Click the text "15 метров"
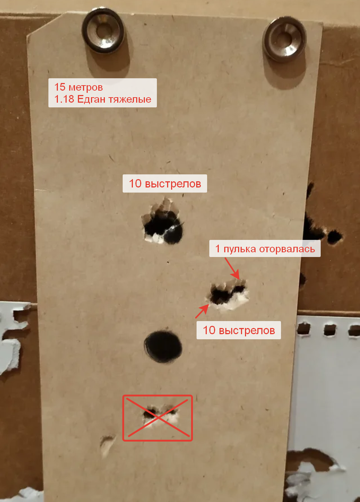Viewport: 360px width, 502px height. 79,87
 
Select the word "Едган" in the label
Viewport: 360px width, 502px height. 91,99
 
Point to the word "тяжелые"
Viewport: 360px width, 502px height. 130,99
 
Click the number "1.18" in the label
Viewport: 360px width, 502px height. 64,99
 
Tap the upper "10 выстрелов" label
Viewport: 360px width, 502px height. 165,183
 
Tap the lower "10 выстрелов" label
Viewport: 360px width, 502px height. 239,330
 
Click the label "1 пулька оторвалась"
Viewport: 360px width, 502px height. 265,249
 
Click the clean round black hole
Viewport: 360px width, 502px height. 163,347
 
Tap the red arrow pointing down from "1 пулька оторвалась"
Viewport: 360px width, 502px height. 232,269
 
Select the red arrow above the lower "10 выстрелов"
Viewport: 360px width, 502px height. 202,311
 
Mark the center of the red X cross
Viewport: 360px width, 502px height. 158,418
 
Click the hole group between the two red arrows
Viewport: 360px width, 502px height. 228,294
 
